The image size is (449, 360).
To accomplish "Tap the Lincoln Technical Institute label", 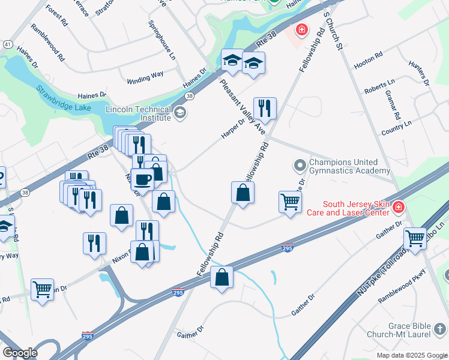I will point(138,113).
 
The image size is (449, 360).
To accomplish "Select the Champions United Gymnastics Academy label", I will point(343,166).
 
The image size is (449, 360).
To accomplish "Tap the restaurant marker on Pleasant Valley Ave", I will point(265,109).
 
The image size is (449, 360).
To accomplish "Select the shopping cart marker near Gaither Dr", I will point(415,239).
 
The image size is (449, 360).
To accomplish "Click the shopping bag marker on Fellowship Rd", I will point(243,193).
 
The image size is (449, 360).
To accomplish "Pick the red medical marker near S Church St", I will point(301,29).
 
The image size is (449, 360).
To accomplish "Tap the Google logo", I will point(20,353).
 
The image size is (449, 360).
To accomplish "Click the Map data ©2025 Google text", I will point(412,355).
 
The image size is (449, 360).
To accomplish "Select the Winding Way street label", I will point(145,77).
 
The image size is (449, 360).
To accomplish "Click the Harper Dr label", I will point(234,128).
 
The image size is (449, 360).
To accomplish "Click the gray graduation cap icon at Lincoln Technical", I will point(179,113).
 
